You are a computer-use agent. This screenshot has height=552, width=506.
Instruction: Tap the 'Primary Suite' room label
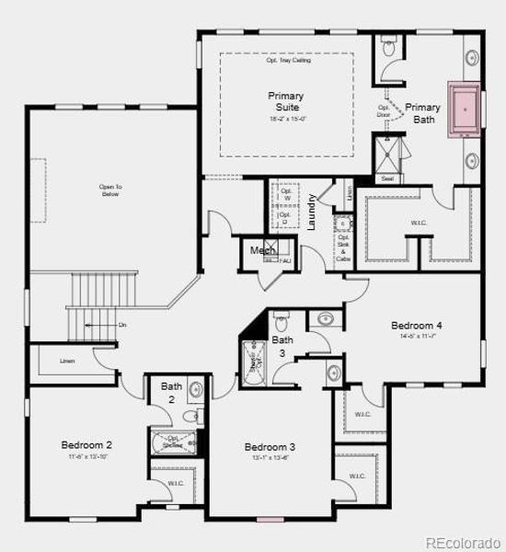(286, 101)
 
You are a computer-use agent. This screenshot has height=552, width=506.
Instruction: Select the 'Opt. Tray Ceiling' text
(286, 61)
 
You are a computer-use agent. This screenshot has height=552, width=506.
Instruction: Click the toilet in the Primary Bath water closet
(387, 45)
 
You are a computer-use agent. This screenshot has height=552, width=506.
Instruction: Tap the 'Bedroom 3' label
(270, 447)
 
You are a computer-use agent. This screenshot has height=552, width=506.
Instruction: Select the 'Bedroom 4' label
(417, 326)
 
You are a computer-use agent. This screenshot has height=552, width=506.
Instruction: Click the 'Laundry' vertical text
(313, 211)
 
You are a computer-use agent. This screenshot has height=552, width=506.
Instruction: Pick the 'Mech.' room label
(262, 249)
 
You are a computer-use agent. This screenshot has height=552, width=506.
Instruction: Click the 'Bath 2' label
(171, 392)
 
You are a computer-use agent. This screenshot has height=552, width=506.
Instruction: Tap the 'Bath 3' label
(282, 346)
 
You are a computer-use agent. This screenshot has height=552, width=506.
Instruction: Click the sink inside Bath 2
(195, 390)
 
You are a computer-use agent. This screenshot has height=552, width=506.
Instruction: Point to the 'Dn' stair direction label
(122, 326)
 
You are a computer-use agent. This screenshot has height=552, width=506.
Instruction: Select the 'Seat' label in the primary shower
(387, 178)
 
